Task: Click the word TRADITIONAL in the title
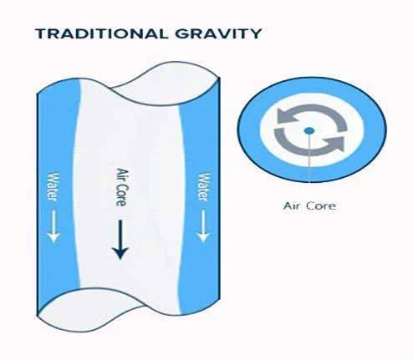[x=101, y=33]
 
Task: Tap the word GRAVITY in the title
[x=218, y=33]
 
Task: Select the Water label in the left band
[x=53, y=187]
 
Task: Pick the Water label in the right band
[x=203, y=187]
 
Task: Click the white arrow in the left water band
[x=54, y=226]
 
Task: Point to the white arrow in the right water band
[x=203, y=226]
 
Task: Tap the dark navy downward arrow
[x=120, y=240]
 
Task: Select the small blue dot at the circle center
[x=308, y=130]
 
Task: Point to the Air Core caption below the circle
[x=309, y=206]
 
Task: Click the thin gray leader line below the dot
[x=309, y=158]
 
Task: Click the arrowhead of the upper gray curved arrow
[x=286, y=115]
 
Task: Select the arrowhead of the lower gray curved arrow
[x=335, y=144]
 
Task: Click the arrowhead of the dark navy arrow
[x=120, y=253]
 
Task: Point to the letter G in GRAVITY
[x=182, y=33]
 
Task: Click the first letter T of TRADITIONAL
[x=41, y=33]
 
